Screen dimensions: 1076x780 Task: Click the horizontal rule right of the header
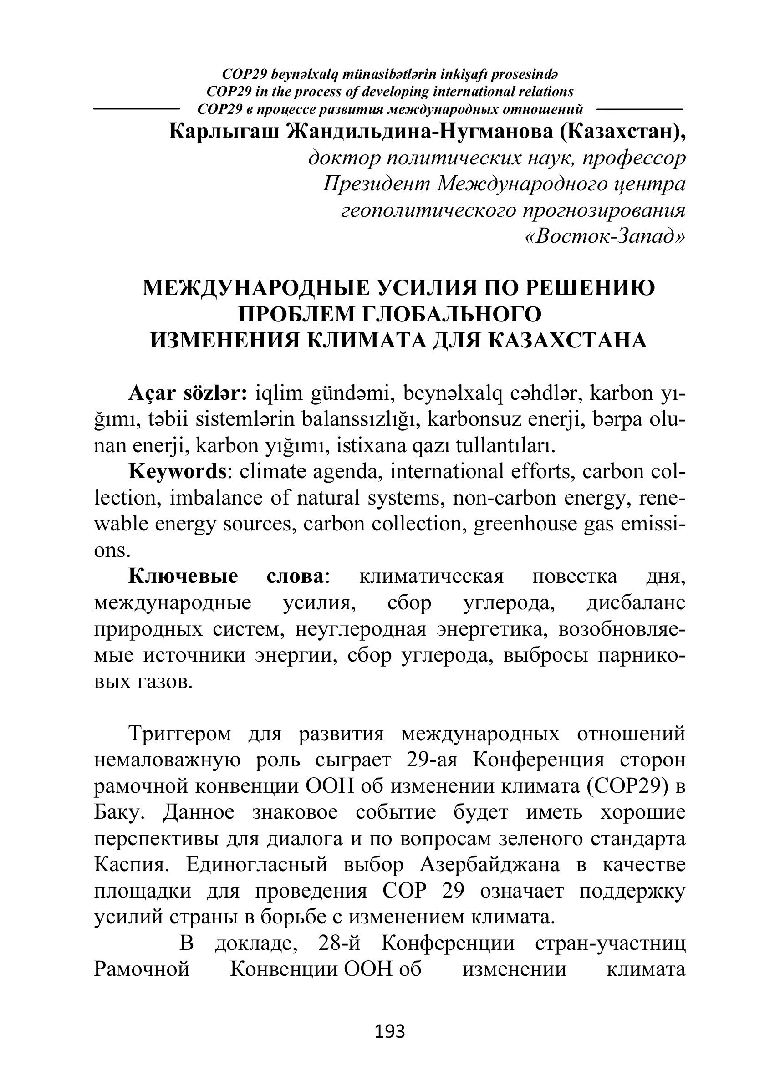(640, 109)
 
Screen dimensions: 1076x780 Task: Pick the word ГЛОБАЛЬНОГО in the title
(451, 314)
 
